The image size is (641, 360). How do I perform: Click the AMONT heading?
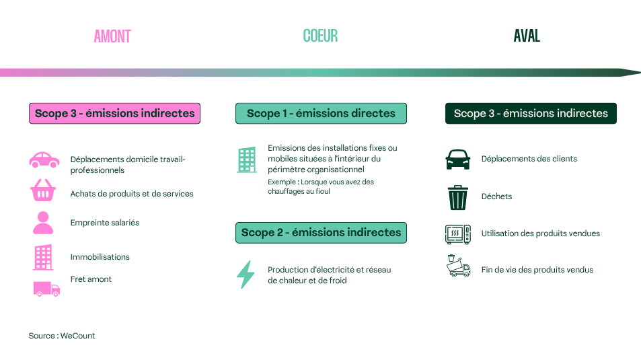coord(112,36)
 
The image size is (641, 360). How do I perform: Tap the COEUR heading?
coord(320,36)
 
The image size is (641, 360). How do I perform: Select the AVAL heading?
coord(527,36)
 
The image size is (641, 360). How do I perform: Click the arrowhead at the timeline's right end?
coord(630,73)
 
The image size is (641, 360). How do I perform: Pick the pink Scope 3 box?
coord(114,113)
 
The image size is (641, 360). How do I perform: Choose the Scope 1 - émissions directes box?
coord(321,113)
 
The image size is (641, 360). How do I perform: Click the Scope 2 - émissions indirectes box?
coord(321,233)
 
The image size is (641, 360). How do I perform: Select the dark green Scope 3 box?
coord(531,113)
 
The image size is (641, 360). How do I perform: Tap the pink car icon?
coord(44,159)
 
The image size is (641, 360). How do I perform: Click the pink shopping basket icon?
coord(43,191)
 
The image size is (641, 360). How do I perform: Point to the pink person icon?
coord(43,223)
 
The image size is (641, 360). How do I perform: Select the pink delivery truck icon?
coord(46,289)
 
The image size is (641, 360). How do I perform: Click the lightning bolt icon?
coord(246,275)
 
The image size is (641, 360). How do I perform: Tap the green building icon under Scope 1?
coord(247,159)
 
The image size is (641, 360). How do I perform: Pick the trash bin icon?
coord(457,197)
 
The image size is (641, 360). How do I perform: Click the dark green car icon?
coord(458,159)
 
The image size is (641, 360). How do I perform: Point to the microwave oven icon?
coord(458,234)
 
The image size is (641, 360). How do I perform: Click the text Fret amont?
coord(91,279)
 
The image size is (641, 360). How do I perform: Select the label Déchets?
coord(496,196)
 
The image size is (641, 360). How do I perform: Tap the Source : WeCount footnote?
coord(62,336)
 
